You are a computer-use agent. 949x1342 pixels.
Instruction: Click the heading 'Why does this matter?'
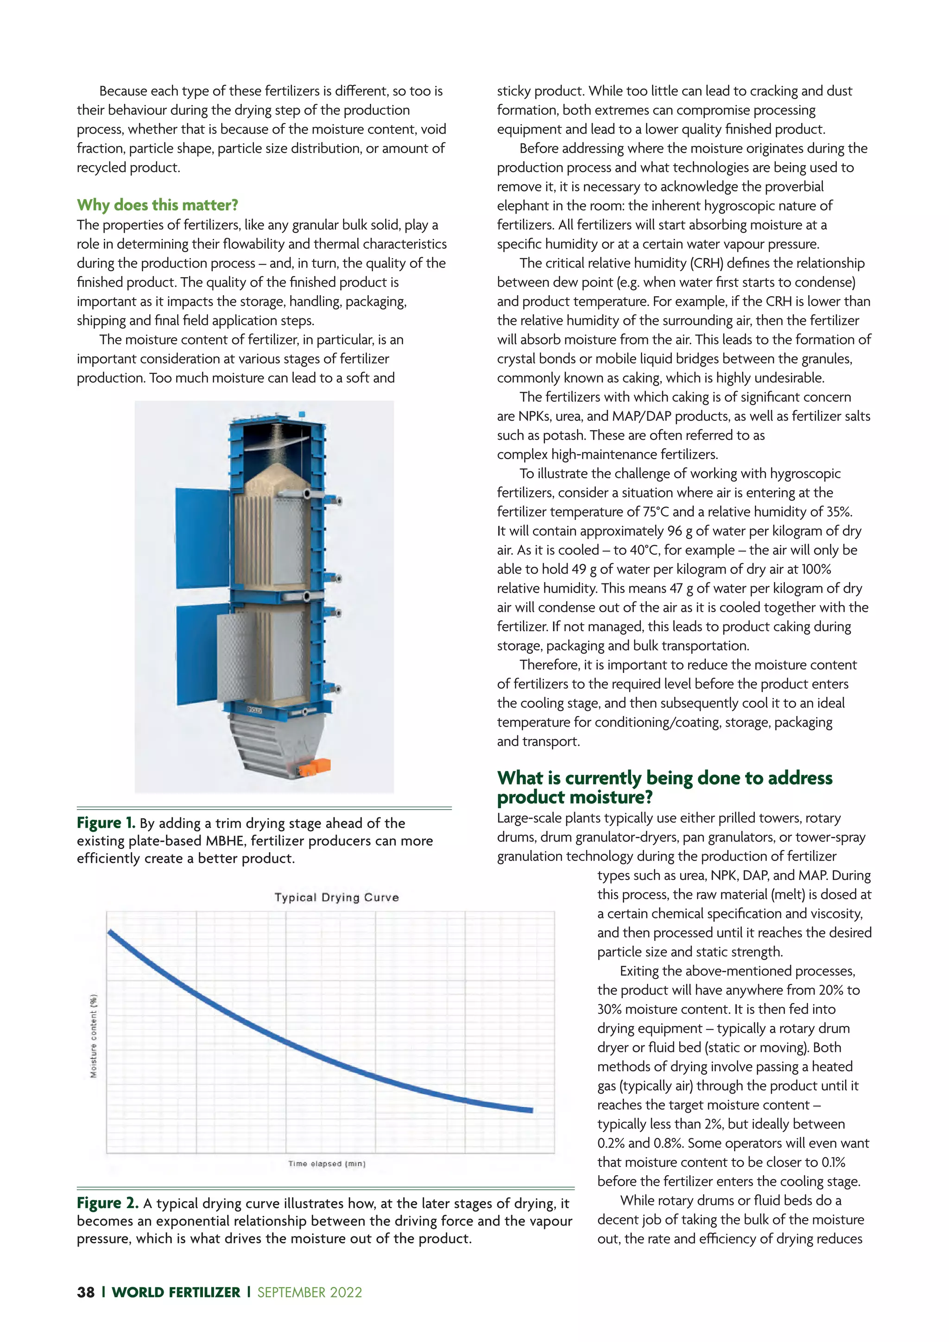click(x=157, y=205)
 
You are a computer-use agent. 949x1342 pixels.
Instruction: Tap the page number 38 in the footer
click(x=85, y=1292)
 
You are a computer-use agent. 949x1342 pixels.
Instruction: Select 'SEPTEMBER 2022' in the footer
click(x=309, y=1292)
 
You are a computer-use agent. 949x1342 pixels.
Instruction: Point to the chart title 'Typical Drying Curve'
click(x=336, y=897)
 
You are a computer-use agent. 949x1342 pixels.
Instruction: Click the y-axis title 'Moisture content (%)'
click(x=94, y=1036)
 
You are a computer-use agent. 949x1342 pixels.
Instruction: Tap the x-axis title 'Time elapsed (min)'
click(x=327, y=1164)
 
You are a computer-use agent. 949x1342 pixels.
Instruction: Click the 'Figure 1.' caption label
click(x=106, y=823)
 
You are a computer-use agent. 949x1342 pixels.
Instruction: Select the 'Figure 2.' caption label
click(x=108, y=1203)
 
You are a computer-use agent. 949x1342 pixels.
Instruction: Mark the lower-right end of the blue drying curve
click(x=531, y=1109)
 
